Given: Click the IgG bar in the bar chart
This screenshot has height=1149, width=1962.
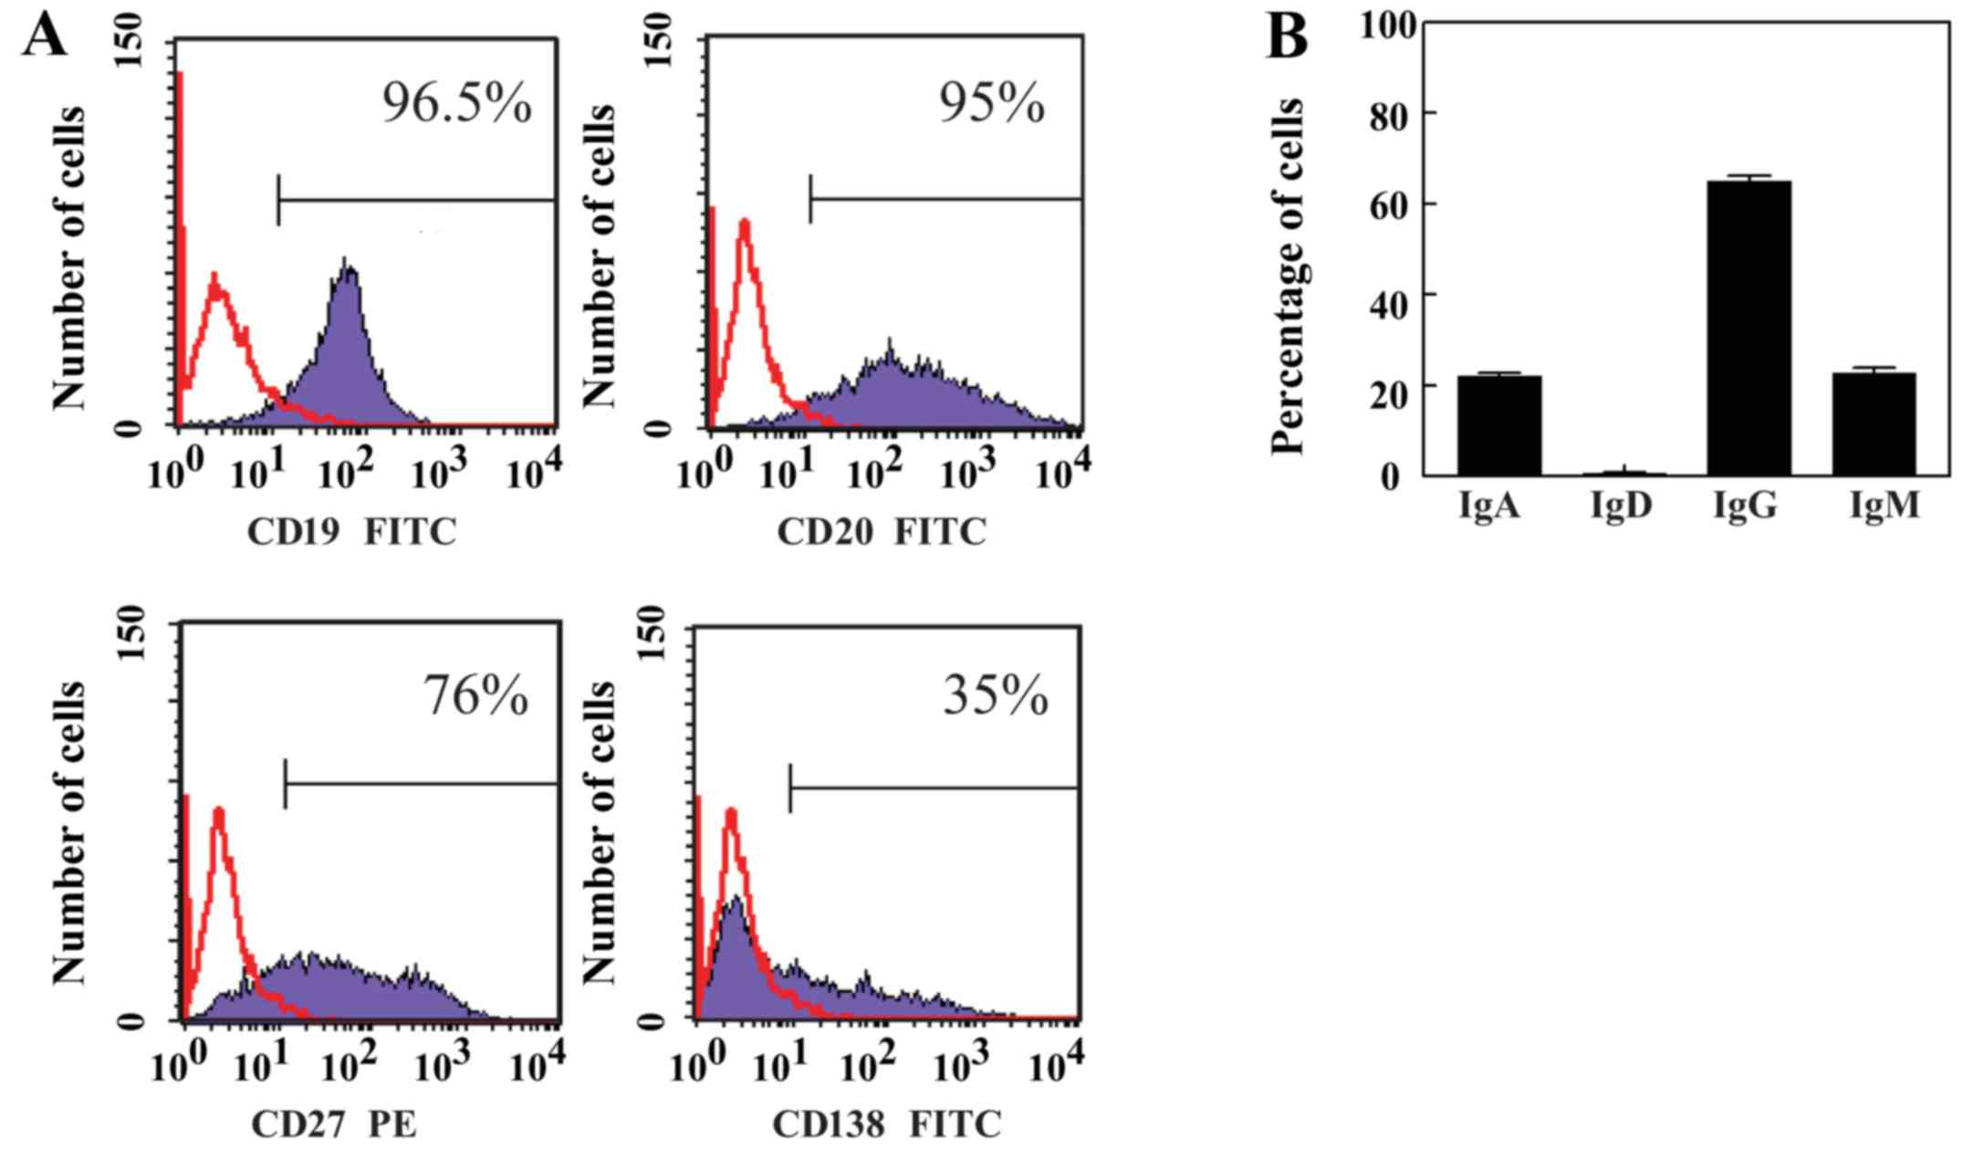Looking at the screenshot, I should click(x=1748, y=329).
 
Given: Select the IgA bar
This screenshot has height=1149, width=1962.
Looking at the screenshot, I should click(x=1498, y=425).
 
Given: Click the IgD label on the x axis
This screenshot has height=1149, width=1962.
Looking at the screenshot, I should click(x=1622, y=505).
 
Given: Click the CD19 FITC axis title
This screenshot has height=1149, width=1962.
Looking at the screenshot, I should click(x=351, y=532).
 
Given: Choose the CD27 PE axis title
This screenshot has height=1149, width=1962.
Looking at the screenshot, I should click(x=333, y=1124).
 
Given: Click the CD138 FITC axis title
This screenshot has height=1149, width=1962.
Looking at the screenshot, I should click(x=887, y=1124).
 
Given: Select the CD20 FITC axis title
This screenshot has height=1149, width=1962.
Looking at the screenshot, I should click(x=882, y=532).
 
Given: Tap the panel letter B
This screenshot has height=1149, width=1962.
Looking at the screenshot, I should click(x=1287, y=38).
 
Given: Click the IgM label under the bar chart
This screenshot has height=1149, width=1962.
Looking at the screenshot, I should click(x=1884, y=505).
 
